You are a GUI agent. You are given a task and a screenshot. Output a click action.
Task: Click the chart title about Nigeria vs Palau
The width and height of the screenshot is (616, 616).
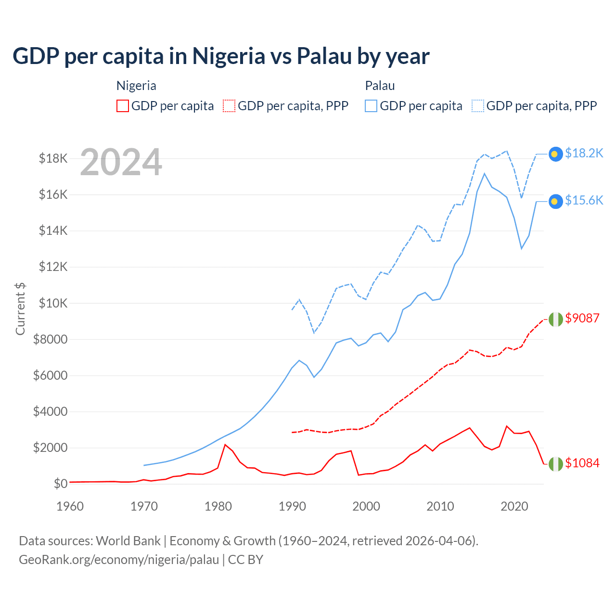(x=221, y=56)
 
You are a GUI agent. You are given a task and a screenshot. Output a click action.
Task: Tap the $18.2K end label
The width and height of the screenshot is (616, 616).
(x=584, y=153)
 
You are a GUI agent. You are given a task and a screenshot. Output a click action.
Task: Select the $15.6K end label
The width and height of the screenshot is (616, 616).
(x=584, y=200)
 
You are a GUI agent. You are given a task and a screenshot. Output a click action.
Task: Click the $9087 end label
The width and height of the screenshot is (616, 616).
(x=582, y=318)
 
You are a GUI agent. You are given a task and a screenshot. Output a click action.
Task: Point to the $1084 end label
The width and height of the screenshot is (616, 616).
(x=582, y=463)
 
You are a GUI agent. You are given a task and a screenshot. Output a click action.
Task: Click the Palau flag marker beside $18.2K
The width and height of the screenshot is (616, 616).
(x=556, y=154)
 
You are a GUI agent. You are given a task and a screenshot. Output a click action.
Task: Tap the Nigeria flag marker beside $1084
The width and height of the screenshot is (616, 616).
(x=556, y=464)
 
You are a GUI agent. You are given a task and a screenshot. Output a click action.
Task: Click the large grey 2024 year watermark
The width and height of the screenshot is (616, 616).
(x=121, y=163)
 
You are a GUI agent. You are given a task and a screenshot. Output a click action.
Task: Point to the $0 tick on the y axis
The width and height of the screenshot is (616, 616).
(x=60, y=484)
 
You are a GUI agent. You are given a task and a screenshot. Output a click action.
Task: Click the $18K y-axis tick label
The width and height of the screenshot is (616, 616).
(x=53, y=158)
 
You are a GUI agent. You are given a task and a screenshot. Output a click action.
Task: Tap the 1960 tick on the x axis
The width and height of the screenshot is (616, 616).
(x=70, y=506)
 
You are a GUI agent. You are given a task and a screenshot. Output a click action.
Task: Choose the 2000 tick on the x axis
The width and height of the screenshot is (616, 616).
(x=366, y=506)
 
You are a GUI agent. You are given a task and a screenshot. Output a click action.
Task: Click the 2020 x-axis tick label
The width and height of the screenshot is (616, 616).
(x=514, y=506)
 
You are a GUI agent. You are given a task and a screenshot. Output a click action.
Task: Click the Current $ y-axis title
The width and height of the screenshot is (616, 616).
(x=20, y=308)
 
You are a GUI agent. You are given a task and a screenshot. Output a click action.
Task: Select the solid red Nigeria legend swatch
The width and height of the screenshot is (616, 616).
(x=123, y=106)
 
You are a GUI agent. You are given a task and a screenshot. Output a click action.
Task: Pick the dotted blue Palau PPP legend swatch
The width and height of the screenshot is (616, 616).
(x=478, y=106)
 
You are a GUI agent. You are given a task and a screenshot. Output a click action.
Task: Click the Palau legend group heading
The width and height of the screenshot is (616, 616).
(x=380, y=86)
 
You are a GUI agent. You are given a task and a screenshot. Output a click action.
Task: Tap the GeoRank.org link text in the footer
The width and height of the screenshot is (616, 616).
(x=119, y=560)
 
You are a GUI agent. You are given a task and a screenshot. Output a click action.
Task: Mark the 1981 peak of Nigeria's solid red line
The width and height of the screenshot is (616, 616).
(x=225, y=445)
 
